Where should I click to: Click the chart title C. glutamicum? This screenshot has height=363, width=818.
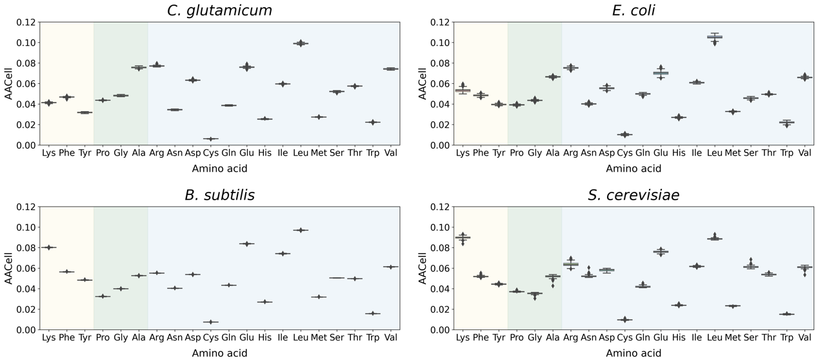pos(219,10)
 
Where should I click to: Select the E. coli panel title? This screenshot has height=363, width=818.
pos(633,10)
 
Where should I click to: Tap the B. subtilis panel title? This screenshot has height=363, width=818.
pos(219,195)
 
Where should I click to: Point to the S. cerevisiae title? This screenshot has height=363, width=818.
pos(633,195)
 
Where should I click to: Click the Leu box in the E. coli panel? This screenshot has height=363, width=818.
pos(714,37)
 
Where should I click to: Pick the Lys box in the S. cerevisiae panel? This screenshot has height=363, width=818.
pos(463,238)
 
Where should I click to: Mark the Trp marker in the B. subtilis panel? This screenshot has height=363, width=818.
pos(372,314)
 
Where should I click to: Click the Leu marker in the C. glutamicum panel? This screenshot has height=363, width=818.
pos(300,43)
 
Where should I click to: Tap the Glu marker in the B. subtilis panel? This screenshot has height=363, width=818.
pos(246,244)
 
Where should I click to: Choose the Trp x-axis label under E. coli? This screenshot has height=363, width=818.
pos(786,153)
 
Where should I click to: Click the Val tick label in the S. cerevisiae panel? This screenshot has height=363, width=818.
pos(804,338)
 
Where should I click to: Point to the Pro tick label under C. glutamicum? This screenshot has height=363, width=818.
pos(103,153)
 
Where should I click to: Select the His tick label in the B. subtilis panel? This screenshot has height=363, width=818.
pos(264,338)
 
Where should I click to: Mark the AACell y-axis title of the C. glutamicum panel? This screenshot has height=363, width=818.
pos(9,84)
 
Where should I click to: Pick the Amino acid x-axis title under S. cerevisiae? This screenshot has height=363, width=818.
pos(633,353)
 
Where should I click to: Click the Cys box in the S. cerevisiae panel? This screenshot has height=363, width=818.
pos(624,320)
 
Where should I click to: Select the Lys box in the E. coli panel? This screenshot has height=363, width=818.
pos(463,90)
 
